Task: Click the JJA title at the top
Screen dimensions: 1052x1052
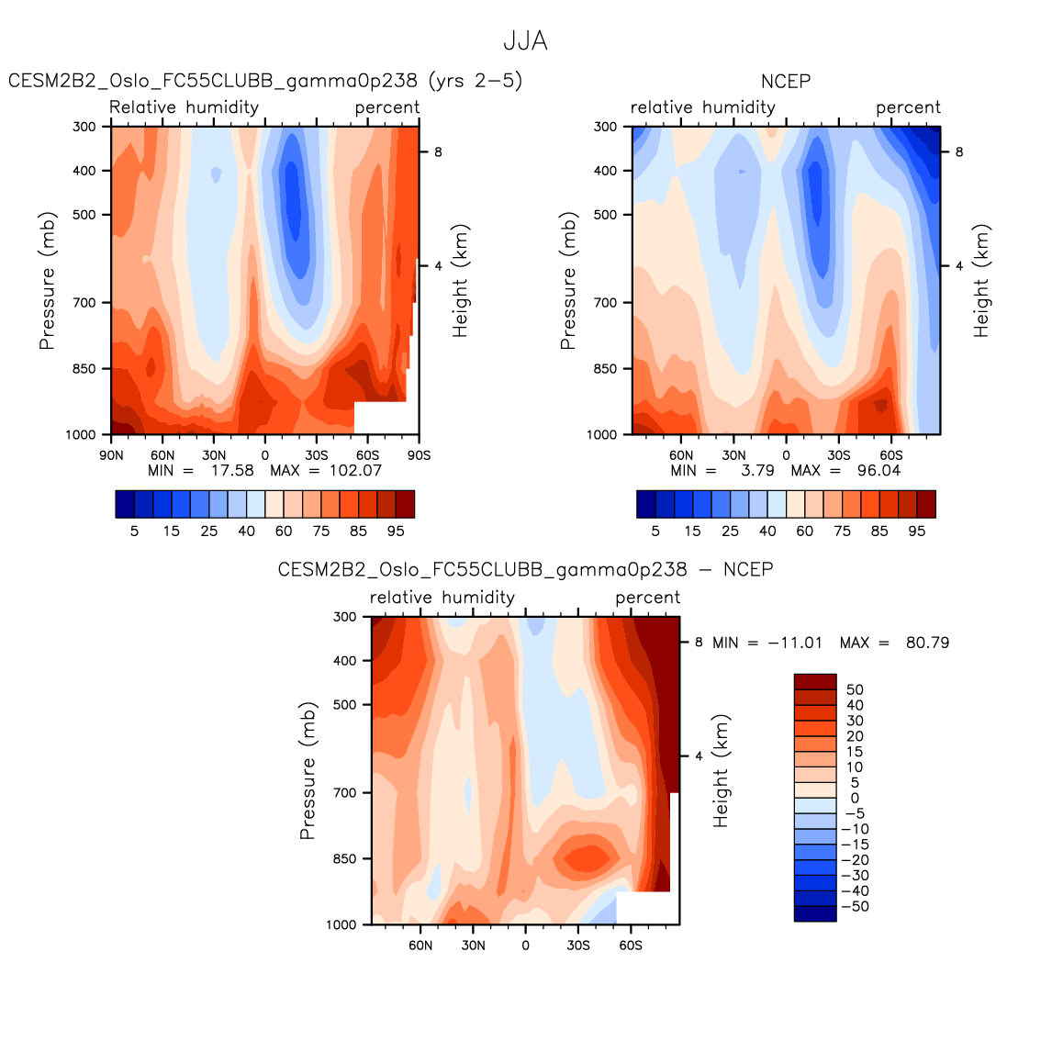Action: click(x=525, y=41)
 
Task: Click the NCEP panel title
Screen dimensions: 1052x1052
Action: click(x=786, y=82)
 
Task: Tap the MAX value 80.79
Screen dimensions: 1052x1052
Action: click(x=927, y=643)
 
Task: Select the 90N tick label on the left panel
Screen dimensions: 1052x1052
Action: click(x=111, y=455)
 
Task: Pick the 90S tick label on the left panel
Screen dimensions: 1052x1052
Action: click(x=420, y=455)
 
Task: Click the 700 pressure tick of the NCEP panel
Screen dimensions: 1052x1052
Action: click(x=605, y=303)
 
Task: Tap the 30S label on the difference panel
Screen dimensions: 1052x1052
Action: click(x=577, y=946)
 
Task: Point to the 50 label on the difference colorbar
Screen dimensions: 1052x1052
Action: click(x=855, y=690)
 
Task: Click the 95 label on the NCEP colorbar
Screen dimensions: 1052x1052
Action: click(x=917, y=532)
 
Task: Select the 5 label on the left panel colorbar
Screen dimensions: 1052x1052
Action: click(x=134, y=532)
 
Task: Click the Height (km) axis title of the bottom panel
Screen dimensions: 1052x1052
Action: click(x=721, y=771)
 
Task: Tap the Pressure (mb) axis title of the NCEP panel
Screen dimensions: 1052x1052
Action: click(x=568, y=281)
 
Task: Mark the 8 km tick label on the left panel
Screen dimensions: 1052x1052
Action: click(x=438, y=152)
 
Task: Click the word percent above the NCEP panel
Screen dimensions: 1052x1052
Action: click(x=908, y=108)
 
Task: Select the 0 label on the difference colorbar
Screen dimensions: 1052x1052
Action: click(x=855, y=799)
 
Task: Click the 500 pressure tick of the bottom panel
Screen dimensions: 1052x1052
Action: click(x=344, y=705)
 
